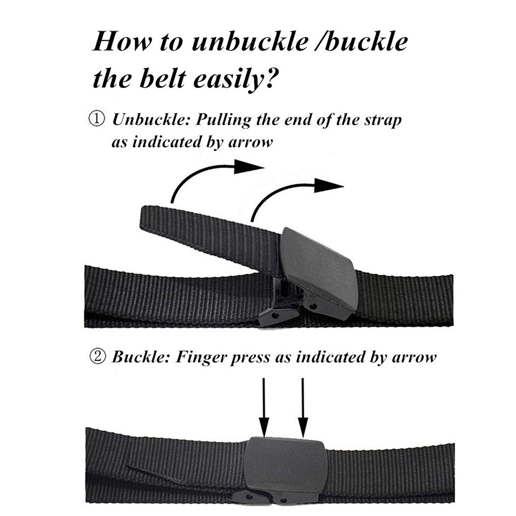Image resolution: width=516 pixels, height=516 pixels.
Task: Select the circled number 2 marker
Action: [98, 357]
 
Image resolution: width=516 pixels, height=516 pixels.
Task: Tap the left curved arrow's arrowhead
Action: [249, 168]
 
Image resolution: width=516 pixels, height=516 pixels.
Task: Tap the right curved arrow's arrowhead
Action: [330, 186]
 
